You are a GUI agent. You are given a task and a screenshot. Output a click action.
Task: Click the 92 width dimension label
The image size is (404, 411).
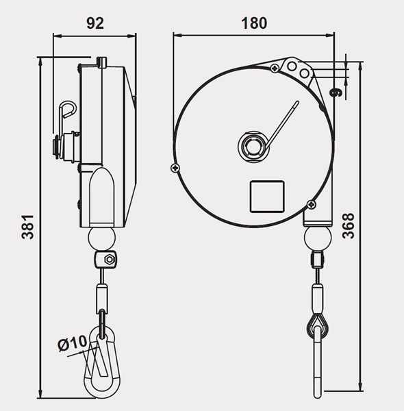click(x=95, y=23)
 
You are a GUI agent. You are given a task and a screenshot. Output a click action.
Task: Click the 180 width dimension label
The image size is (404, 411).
click(x=254, y=23)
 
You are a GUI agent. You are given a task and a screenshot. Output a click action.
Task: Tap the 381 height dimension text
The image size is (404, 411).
click(x=28, y=227)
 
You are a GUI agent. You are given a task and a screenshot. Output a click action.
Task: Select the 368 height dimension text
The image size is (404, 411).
click(x=349, y=225)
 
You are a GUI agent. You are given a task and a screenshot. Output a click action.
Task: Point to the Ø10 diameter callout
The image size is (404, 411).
click(x=72, y=343)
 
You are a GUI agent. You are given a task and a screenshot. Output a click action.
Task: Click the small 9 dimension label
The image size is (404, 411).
click(x=336, y=92)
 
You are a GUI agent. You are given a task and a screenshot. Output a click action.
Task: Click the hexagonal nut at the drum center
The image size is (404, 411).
click(x=253, y=147)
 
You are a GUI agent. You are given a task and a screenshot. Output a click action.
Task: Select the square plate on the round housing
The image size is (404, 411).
click(x=267, y=197)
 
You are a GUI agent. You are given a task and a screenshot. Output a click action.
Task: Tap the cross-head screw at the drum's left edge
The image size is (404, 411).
click(x=175, y=168)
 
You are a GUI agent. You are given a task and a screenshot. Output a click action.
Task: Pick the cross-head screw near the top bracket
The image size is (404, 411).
click(x=275, y=68)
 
